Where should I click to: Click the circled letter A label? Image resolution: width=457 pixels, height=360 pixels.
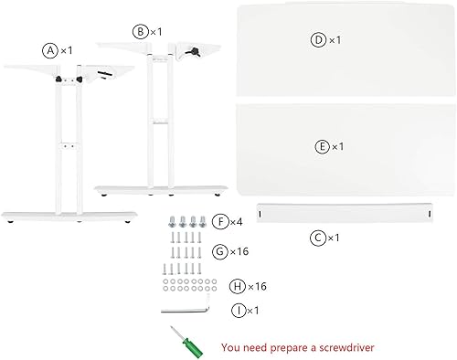point(50,51)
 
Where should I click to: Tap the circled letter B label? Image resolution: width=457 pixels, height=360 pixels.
point(141,32)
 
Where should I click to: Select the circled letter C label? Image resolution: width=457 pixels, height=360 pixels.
point(317,238)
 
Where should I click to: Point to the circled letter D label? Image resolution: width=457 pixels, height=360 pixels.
point(318,40)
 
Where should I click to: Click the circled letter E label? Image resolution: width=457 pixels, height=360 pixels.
point(322,145)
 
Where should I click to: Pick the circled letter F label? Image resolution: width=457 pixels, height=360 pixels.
point(220,222)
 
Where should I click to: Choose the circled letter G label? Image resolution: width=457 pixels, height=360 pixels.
point(220,249)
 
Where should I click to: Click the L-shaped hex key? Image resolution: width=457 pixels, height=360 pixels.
point(187,309)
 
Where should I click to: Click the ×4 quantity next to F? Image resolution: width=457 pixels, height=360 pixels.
point(236,222)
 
